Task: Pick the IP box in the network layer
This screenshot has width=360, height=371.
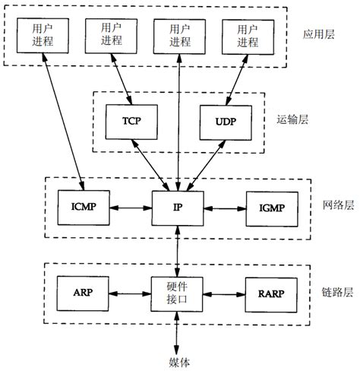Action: coord(179,206)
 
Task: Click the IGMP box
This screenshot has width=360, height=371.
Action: coord(271,206)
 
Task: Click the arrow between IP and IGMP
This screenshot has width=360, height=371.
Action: coord(225,206)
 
